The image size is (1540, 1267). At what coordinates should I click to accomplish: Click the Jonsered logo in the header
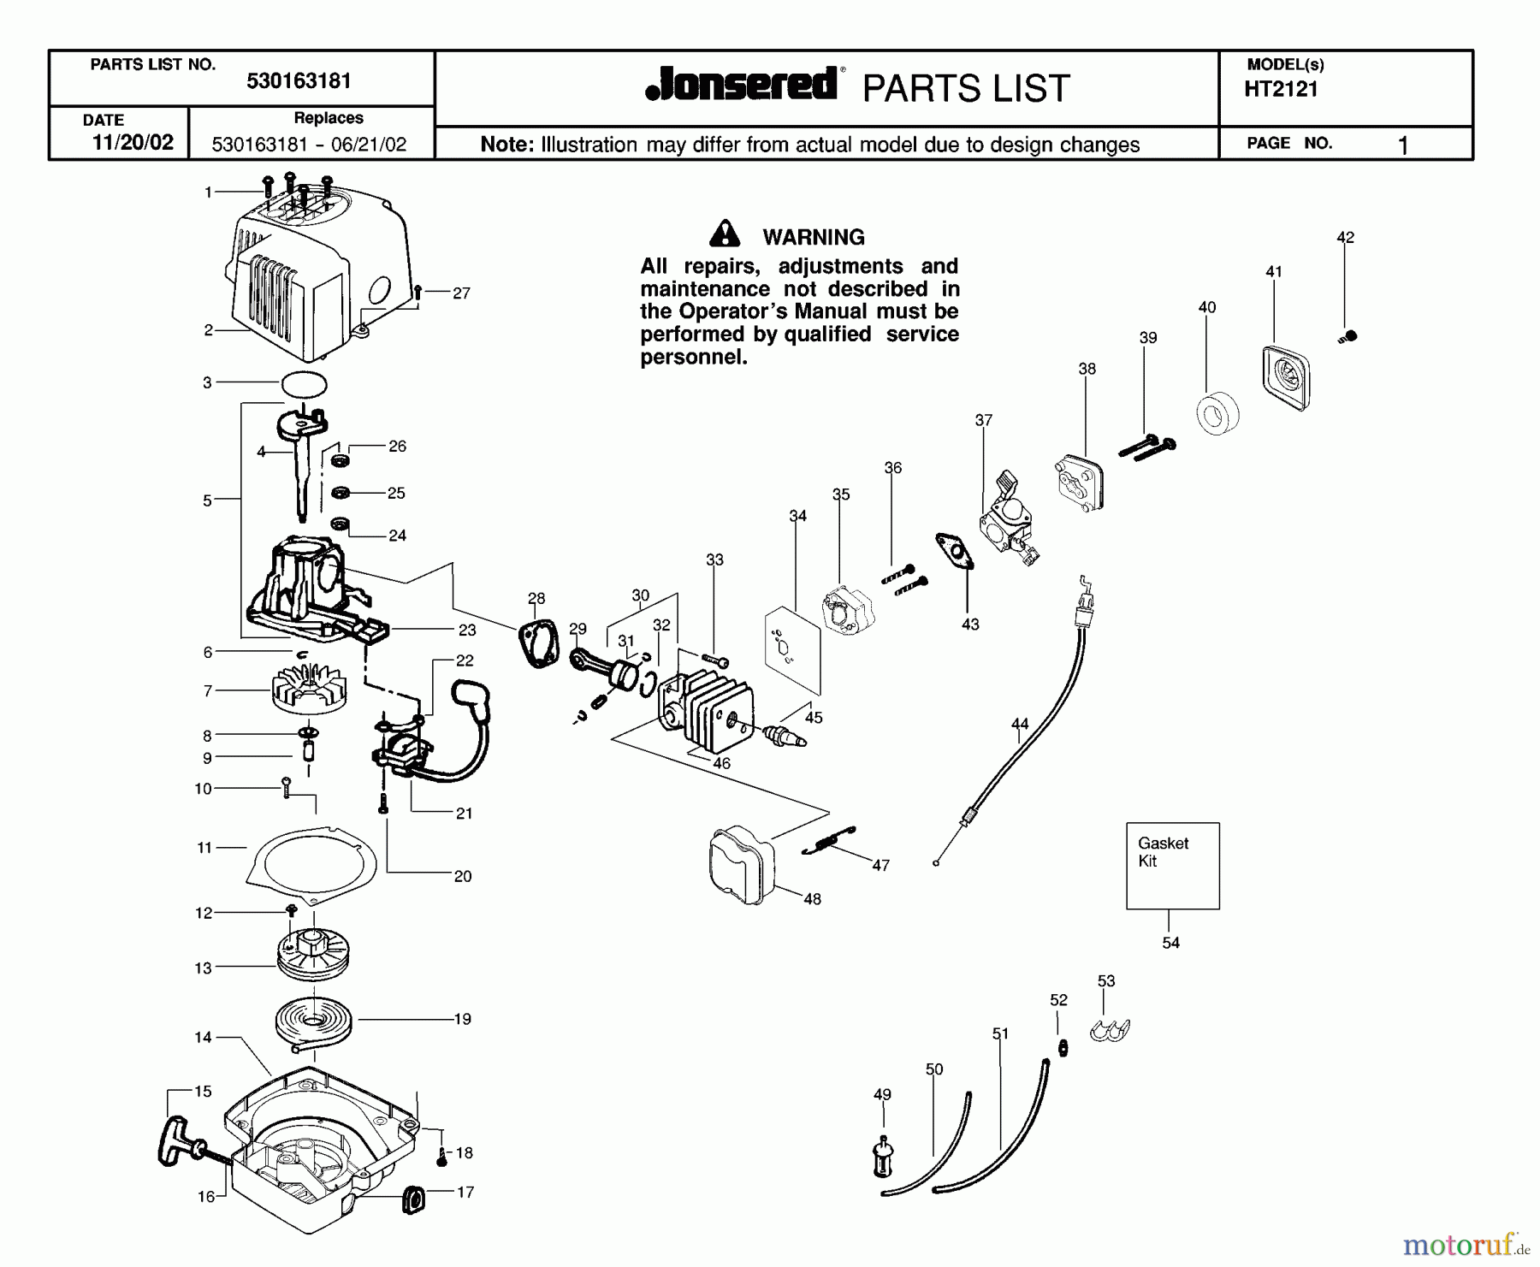[741, 86]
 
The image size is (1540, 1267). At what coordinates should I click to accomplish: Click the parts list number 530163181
[299, 81]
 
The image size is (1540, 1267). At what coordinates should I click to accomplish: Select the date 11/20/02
[133, 143]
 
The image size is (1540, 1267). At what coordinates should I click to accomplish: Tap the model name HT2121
[1281, 89]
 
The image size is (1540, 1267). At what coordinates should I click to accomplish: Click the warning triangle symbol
[725, 234]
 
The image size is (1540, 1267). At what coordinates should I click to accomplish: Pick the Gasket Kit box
[1172, 865]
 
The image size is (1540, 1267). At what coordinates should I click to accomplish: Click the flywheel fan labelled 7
[308, 690]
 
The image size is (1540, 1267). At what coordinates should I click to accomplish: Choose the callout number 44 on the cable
[1019, 724]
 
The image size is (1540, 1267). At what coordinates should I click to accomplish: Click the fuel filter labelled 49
[884, 1158]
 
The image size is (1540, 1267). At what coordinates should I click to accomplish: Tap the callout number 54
[1170, 942]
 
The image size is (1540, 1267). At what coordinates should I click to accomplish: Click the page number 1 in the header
[1402, 145]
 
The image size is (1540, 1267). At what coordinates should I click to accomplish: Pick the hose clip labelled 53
[1110, 1030]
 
